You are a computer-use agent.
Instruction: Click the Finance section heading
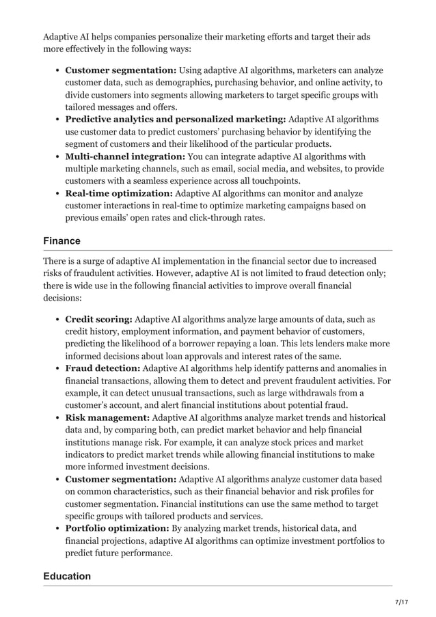[62, 241]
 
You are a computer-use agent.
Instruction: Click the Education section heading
[67, 576]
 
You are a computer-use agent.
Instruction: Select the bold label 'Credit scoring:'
[98, 319]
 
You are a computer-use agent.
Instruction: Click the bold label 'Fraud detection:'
[103, 368]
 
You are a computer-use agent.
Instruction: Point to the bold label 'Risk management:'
[107, 417]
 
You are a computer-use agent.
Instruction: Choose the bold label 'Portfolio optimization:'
[117, 528]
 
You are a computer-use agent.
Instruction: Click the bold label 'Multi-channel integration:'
[125, 156]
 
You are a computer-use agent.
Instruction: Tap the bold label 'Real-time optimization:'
[119, 193]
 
